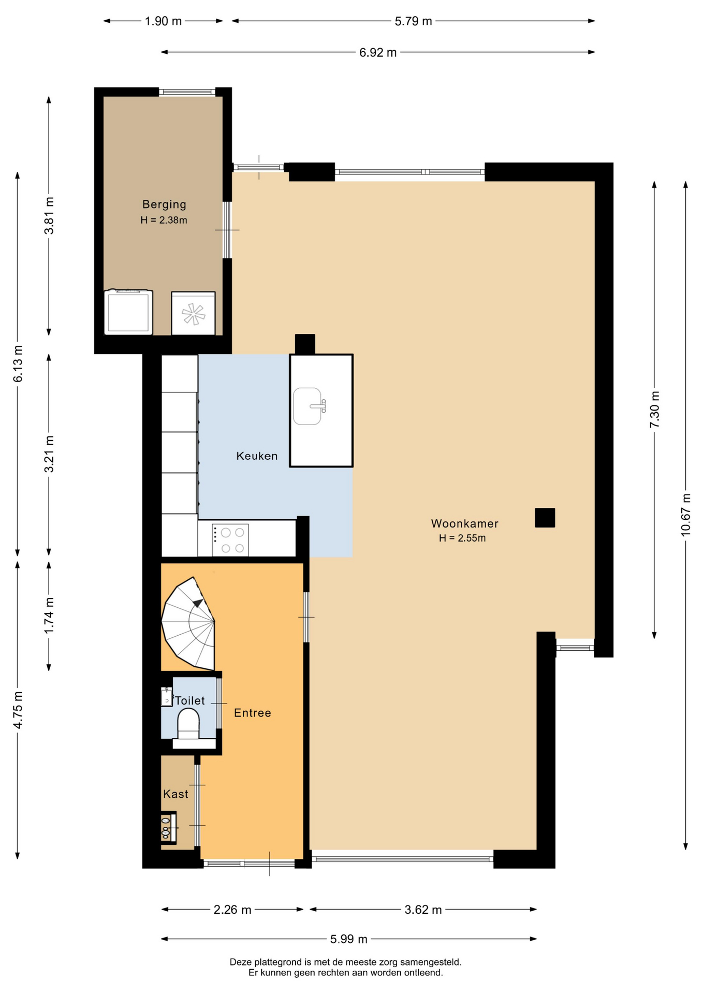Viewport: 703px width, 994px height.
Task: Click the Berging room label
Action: point(164,204)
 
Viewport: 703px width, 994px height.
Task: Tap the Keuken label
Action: point(257,456)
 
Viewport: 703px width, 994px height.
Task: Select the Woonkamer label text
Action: point(465,523)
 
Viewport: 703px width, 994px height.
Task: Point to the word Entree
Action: point(253,713)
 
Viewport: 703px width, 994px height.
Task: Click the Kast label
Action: point(175,794)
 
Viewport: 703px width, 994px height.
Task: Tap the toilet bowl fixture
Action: point(188,723)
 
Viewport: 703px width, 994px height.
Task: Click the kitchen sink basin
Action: point(307,406)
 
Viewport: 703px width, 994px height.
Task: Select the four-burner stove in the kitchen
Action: point(230,540)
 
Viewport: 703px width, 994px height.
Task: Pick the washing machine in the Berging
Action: point(128,312)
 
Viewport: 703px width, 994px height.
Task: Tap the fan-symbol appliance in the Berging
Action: point(193,313)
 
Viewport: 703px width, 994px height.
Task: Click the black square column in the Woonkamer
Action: point(545,518)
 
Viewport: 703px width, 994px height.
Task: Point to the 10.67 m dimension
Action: point(686,515)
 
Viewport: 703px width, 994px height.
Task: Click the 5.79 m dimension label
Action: point(413,21)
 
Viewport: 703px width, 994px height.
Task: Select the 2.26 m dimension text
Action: point(232,910)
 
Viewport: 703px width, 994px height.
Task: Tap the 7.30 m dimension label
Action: point(655,409)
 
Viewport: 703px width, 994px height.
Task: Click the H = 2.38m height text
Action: point(164,220)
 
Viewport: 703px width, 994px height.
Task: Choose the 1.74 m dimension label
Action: point(49,616)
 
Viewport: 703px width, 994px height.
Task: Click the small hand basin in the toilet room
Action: point(167,697)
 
